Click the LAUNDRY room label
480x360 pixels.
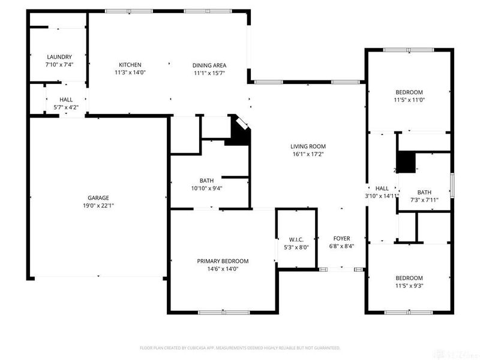[59, 57]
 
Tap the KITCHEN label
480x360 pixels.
[130, 65]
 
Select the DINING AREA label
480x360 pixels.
[209, 65]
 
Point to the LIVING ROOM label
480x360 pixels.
[308, 146]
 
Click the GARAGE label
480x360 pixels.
[98, 198]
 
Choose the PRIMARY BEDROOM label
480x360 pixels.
[223, 261]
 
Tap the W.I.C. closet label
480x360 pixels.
[296, 239]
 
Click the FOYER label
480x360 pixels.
[341, 239]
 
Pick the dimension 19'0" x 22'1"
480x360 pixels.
[98, 205]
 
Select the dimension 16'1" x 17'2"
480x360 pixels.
[308, 154]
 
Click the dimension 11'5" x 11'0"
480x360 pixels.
[409, 100]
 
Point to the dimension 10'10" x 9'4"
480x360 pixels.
[206, 188]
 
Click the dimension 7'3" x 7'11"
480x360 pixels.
[424, 200]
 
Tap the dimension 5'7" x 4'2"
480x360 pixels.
[66, 107]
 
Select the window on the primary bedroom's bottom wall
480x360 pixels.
[224, 312]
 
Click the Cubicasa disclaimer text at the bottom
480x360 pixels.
[240, 347]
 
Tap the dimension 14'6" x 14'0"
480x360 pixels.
[223, 268]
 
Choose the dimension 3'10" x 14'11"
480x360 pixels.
[382, 196]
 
